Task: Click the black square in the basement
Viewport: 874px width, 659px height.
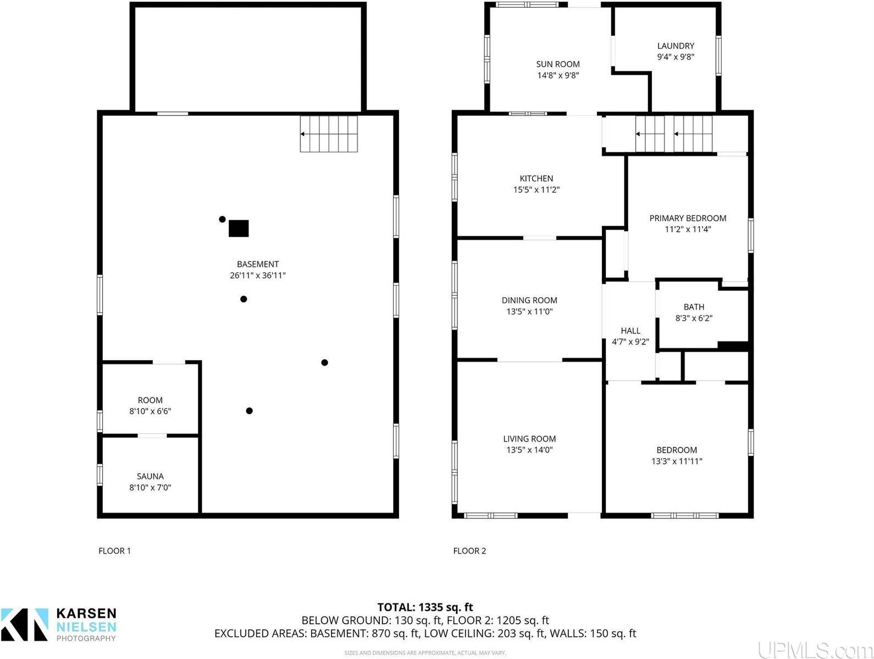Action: tap(239, 228)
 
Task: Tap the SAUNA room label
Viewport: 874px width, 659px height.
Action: tap(150, 476)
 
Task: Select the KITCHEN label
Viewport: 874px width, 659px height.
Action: tap(536, 178)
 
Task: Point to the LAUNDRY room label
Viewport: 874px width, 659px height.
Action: tap(676, 46)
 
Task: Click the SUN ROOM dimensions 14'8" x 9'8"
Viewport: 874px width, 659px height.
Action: tap(558, 75)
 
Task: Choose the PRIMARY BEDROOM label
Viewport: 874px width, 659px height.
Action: tap(688, 218)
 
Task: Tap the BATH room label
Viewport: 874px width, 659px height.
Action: tap(694, 306)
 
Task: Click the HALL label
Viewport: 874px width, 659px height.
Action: tap(630, 331)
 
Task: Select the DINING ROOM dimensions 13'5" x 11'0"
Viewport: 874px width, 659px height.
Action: tap(529, 311)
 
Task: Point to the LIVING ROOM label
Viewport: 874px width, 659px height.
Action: tap(529, 439)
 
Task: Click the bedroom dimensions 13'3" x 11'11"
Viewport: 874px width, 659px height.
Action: tap(677, 461)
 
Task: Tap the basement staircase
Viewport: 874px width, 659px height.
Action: tap(329, 133)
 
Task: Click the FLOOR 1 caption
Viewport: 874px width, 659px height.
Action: tap(115, 551)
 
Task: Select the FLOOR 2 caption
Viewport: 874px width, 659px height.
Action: tap(469, 551)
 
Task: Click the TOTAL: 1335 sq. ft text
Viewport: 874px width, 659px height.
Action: tap(425, 607)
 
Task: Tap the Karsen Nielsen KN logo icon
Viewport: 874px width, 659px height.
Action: tap(25, 624)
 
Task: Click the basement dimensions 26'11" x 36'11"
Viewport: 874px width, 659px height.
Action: tap(258, 275)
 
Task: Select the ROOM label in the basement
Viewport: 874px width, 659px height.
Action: tap(150, 400)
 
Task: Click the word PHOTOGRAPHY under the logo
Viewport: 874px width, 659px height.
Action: tap(86, 638)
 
